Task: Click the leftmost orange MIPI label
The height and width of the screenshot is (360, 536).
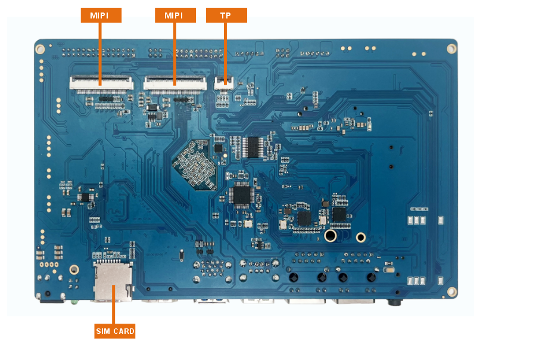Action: point(101,15)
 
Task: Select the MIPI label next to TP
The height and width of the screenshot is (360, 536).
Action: point(175,15)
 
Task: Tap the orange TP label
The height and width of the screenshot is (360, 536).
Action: point(226,15)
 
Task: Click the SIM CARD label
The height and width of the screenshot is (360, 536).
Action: point(115,331)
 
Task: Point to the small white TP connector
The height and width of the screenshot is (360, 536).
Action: point(224,84)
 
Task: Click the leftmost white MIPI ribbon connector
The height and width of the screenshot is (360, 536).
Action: point(101,83)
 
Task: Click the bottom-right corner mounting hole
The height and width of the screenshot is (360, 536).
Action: point(452,291)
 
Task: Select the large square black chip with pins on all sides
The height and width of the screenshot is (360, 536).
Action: point(242,194)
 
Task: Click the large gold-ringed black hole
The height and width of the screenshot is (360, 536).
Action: point(330,236)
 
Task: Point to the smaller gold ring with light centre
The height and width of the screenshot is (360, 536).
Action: point(360,237)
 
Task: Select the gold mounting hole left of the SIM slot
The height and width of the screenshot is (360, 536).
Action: point(74,269)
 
